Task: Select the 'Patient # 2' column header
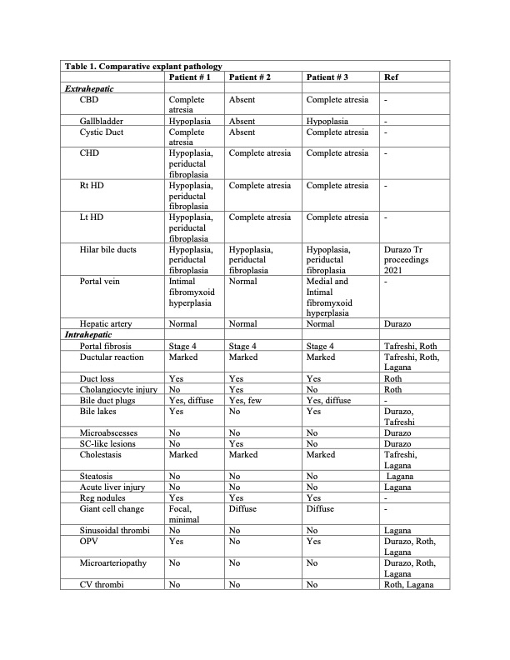click(248, 77)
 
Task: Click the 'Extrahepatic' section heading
click(90, 87)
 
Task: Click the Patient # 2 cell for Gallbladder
click(242, 121)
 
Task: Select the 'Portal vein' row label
click(102, 282)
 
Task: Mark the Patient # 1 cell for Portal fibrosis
click(182, 345)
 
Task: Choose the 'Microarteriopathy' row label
click(113, 562)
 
